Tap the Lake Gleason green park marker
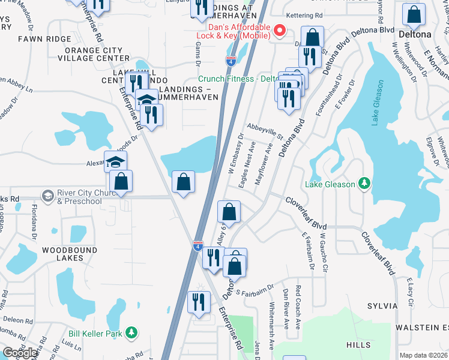point(364,184)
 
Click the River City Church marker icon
point(47,196)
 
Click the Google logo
point(20,353)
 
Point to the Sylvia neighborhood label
point(380,306)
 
